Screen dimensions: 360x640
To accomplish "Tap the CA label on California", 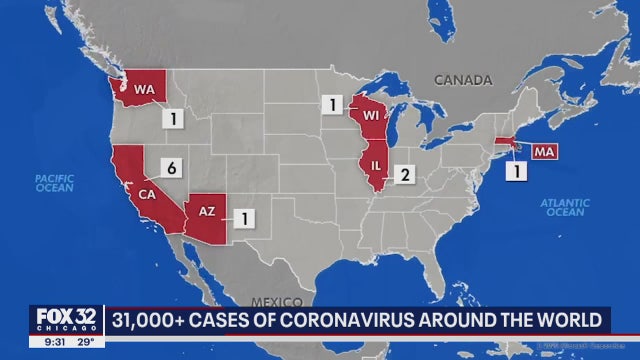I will pos(146,194).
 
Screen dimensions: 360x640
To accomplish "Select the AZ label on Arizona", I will pos(207,213).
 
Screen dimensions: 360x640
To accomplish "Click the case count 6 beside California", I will pos(172,170).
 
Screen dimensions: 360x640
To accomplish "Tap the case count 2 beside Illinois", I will pos(405,176).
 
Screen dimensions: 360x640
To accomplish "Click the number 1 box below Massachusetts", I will pos(517,171).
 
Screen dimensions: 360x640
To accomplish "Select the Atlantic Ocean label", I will pos(565,207).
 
